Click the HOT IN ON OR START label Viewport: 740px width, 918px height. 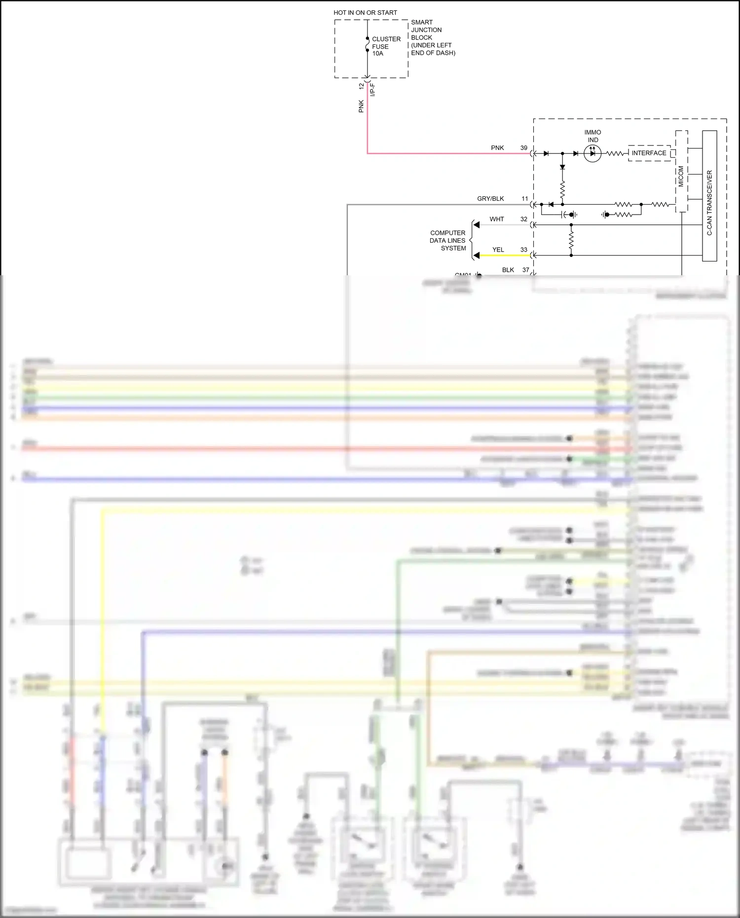click(365, 13)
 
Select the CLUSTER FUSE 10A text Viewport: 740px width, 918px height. click(386, 46)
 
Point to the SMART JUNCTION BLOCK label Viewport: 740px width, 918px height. click(433, 37)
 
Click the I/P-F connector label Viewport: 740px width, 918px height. click(373, 90)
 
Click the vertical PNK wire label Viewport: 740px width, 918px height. click(361, 106)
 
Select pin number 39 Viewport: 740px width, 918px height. click(524, 148)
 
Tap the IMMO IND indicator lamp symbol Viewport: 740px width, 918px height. click(592, 153)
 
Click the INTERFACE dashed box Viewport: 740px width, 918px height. click(649, 153)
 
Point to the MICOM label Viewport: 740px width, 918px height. click(681, 176)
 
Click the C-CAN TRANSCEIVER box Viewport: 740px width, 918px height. click(709, 196)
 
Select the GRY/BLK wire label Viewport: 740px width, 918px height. click(490, 199)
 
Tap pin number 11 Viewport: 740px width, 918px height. click(525, 199)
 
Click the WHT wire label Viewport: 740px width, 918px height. click(497, 219)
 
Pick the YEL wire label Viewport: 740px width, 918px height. click(498, 250)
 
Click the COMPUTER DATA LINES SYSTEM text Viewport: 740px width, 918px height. click(447, 241)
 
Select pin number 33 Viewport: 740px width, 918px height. click(524, 250)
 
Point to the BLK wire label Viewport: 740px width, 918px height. click(508, 270)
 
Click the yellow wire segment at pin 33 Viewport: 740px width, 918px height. click(503, 256)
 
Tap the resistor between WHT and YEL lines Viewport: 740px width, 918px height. click(571, 240)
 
